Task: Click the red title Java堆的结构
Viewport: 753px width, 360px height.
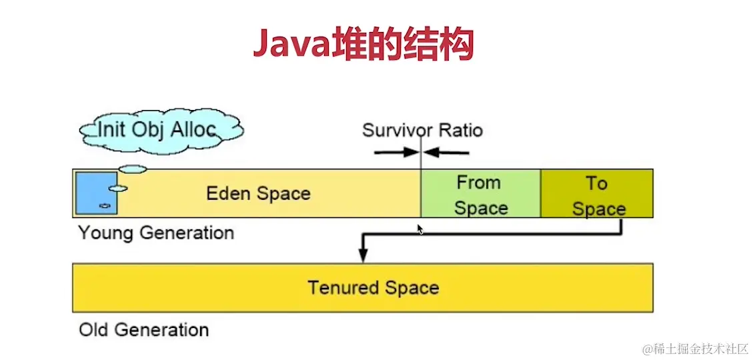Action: tap(363, 45)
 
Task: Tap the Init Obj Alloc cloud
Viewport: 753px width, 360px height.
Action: tap(160, 129)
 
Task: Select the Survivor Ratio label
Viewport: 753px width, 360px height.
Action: tap(422, 129)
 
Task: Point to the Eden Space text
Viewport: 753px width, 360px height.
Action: tap(258, 194)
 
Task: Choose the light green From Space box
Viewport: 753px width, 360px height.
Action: tap(480, 194)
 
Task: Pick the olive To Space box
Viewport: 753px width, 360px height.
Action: tap(597, 194)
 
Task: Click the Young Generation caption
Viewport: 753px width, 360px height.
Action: tap(156, 233)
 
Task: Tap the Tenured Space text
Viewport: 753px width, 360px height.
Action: tap(373, 288)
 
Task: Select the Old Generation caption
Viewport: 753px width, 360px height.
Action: tap(143, 330)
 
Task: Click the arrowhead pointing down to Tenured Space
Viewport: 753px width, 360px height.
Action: tap(363, 255)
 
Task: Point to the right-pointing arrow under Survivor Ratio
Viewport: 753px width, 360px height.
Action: tap(396, 152)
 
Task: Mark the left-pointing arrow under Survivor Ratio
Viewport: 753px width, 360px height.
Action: tap(447, 152)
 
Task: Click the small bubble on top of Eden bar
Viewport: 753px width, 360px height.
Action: tap(133, 169)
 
